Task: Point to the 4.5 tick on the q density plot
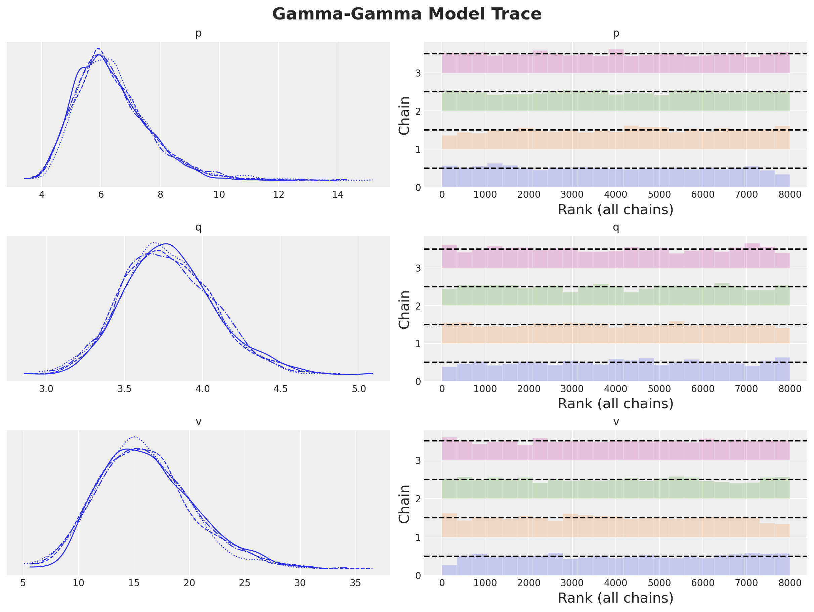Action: click(281, 389)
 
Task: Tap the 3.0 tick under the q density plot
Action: click(46, 389)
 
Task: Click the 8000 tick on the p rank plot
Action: click(790, 195)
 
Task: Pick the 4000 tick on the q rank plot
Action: click(616, 389)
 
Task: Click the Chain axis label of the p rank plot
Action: click(404, 115)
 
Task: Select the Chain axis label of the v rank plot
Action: click(404, 504)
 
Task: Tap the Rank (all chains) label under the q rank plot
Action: click(616, 404)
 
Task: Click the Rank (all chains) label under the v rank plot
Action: click(616, 598)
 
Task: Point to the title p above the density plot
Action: click(198, 33)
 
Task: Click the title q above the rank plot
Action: click(616, 227)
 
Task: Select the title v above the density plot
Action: click(198, 422)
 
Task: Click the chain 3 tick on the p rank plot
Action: click(418, 73)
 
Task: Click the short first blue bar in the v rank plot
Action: click(449, 570)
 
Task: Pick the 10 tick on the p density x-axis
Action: click(219, 195)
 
